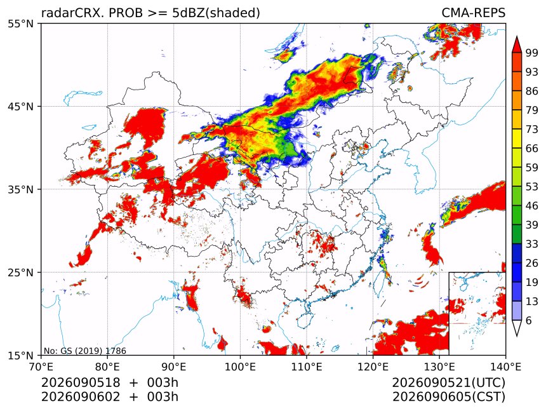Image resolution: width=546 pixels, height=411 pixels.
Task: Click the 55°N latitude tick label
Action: [x=20, y=24]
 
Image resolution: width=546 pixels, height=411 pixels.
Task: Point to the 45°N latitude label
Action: [x=20, y=106]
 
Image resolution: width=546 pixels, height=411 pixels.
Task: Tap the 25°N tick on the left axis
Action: [x=20, y=273]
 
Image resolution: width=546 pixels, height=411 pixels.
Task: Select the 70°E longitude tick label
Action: [x=41, y=367]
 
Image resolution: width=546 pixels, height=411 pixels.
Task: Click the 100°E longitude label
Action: [x=240, y=367]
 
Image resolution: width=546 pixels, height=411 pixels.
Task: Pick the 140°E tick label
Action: [x=505, y=367]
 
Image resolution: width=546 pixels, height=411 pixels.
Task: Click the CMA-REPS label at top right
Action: [x=473, y=13]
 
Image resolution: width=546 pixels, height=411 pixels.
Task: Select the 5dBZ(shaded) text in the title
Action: [x=216, y=13]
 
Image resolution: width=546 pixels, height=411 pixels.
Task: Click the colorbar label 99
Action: [x=532, y=53]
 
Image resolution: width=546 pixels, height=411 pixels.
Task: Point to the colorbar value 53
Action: [x=532, y=187]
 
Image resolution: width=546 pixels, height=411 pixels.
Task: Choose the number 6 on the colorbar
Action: [x=529, y=320]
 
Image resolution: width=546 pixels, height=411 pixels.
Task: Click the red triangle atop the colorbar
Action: [x=516, y=44]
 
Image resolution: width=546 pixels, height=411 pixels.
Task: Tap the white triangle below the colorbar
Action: [x=516, y=328]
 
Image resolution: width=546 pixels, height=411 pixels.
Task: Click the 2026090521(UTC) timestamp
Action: [x=448, y=383]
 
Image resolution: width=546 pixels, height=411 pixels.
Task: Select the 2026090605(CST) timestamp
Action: [x=448, y=397]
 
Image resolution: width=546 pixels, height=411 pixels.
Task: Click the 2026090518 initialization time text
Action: [x=81, y=382]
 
